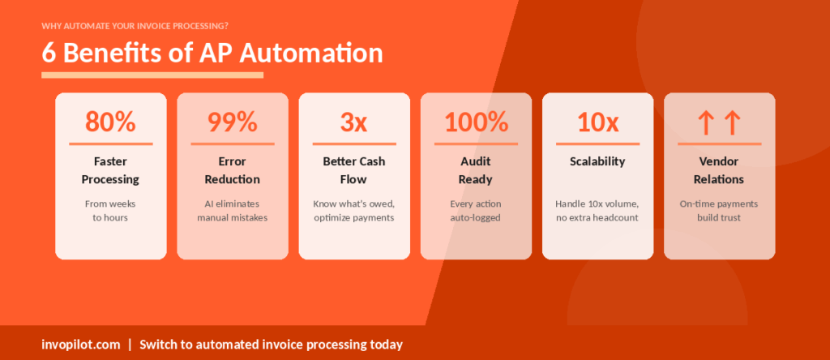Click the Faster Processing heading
tap(110, 170)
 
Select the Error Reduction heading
tap(233, 170)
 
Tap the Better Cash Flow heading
tap(354, 170)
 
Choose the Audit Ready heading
tap(476, 170)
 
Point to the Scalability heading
tap(597, 161)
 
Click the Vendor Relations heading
tap(719, 170)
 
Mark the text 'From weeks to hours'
tap(110, 211)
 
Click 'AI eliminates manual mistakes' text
tap(233, 211)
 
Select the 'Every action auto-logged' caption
tap(476, 211)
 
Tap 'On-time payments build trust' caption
tap(719, 211)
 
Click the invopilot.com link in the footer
tap(79, 345)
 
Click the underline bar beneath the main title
tap(152, 75)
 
